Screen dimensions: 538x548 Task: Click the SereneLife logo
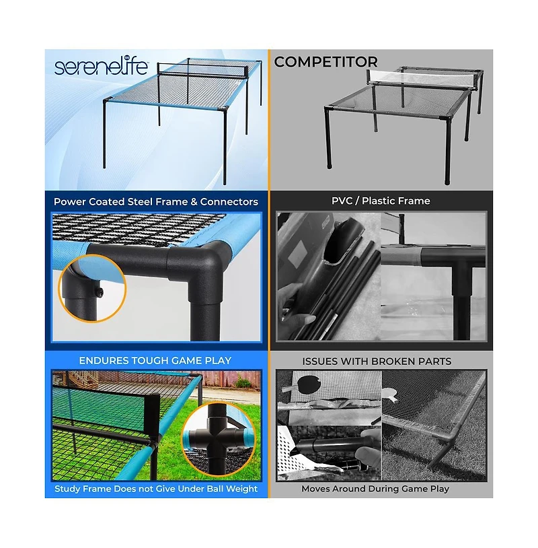click(x=102, y=67)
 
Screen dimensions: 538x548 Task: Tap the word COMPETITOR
click(x=325, y=62)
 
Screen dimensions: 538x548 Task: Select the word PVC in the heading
click(x=342, y=201)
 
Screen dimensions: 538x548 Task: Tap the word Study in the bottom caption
click(x=68, y=489)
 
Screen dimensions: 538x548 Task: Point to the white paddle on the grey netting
click(x=390, y=395)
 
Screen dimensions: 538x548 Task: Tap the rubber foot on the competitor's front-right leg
click(x=447, y=181)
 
